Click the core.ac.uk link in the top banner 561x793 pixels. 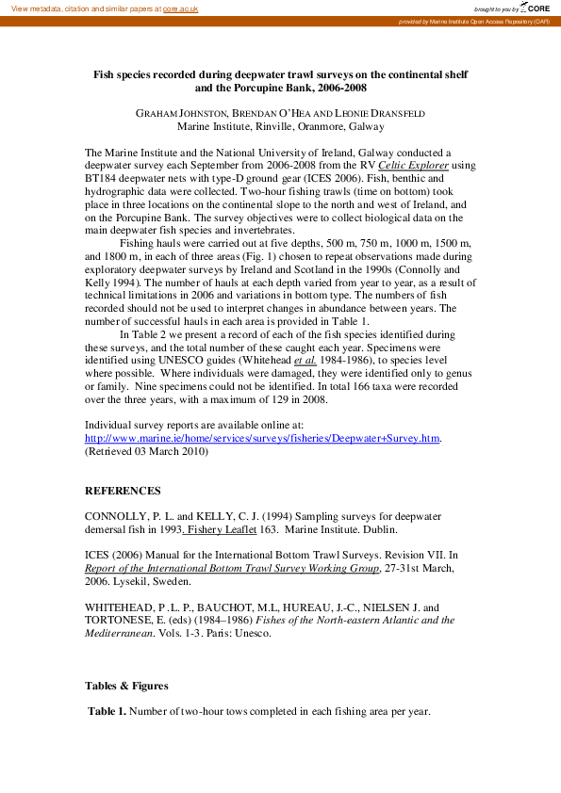pos(181,8)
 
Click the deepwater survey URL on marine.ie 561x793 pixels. pos(263,438)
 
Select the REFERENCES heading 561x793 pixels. pos(123,491)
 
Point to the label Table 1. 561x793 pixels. pos(107,711)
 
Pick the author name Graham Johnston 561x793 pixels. pos(173,113)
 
